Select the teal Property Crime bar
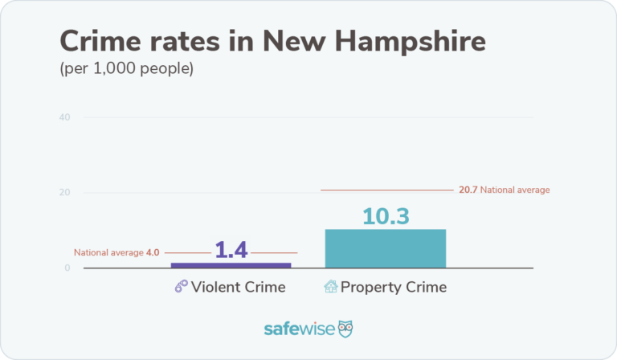[x=385, y=248]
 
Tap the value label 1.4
[x=231, y=250]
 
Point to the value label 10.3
[x=386, y=216]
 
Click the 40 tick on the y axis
[x=64, y=118]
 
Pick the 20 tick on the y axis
[x=64, y=193]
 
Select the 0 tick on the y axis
[x=67, y=268]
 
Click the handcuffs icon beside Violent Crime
[x=181, y=287]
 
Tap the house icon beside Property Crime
[x=330, y=287]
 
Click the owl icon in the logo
[x=345, y=329]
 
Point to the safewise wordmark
[x=299, y=329]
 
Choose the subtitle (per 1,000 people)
[x=127, y=69]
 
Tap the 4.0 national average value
[x=153, y=252]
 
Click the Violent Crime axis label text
[x=238, y=287]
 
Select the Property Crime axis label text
[x=393, y=287]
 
